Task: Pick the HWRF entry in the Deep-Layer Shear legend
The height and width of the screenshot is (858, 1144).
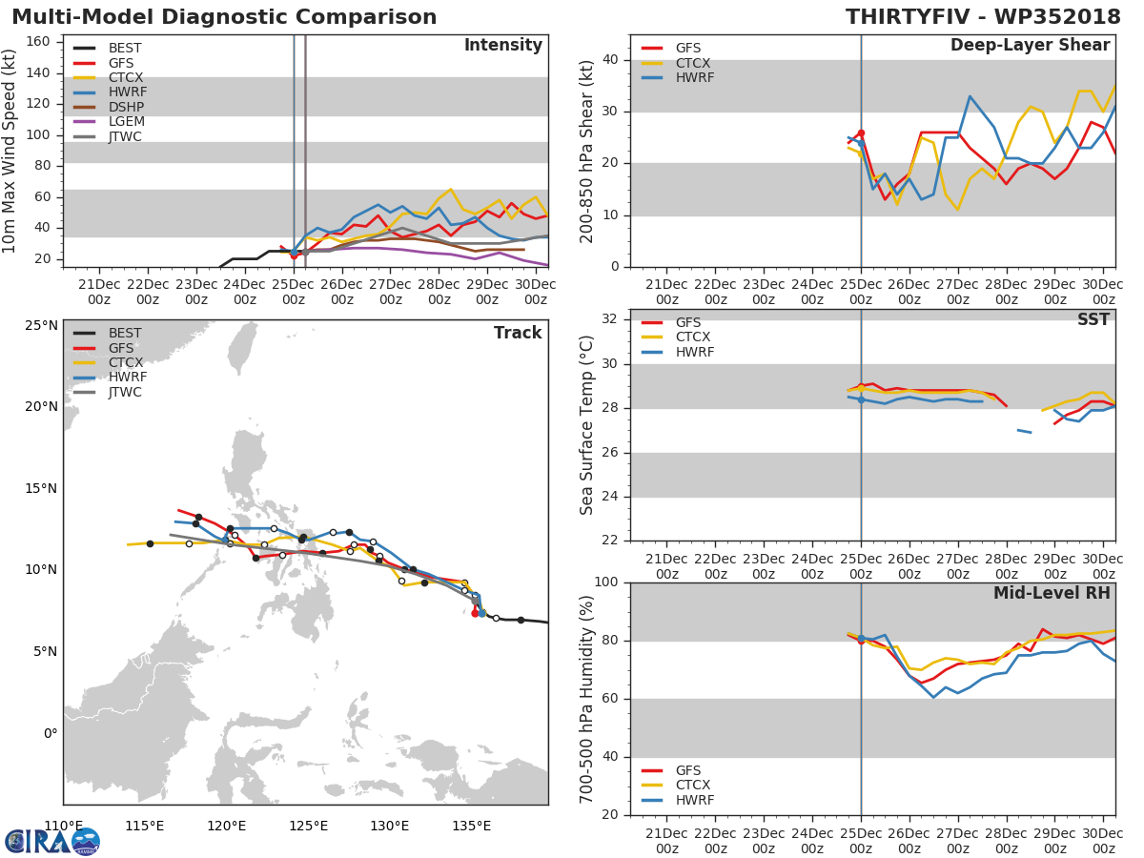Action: (x=694, y=78)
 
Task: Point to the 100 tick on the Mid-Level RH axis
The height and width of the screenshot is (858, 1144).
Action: (x=605, y=582)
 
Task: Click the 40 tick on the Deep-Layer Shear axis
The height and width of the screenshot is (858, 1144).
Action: (x=610, y=60)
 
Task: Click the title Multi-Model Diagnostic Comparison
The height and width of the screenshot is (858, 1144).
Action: (x=224, y=17)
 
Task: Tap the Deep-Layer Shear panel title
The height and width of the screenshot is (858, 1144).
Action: (x=1030, y=46)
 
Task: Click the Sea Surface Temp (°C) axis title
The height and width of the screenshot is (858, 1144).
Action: (x=587, y=425)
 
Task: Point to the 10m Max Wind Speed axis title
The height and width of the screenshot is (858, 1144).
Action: (x=10, y=151)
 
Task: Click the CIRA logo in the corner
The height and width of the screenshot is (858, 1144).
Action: (x=51, y=841)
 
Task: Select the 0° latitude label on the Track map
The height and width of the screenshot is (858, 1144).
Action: (x=50, y=733)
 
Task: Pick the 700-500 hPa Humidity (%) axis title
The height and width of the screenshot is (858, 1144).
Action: (x=587, y=699)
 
